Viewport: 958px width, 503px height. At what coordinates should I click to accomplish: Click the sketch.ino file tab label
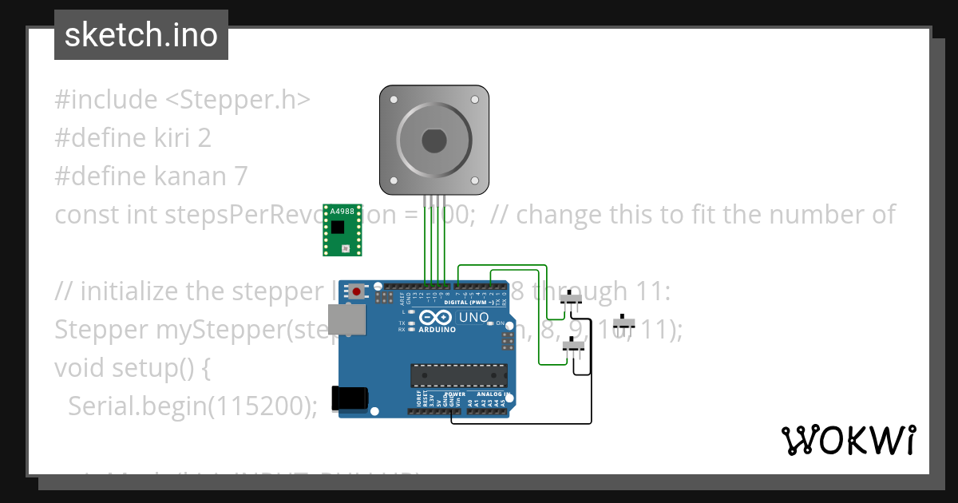[x=141, y=35]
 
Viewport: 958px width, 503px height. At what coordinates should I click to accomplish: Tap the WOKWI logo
[x=848, y=440]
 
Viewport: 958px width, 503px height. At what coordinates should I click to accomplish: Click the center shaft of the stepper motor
[x=433, y=141]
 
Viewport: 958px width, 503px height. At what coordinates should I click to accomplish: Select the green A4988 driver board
[x=342, y=230]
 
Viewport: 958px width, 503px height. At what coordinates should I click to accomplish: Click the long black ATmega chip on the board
[x=458, y=375]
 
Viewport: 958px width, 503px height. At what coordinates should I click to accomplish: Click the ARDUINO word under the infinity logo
[x=438, y=329]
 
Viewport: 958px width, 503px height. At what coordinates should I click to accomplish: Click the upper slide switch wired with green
[x=570, y=299]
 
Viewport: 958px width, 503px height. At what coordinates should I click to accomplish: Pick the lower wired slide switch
[x=573, y=346]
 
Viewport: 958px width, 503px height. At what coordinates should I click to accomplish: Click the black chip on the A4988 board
[x=339, y=227]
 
